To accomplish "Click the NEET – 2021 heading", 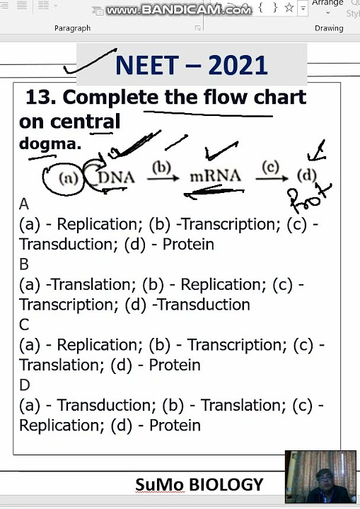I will click(x=191, y=65).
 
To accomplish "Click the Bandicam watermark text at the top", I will click(x=178, y=9).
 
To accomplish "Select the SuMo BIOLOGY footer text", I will click(x=199, y=485).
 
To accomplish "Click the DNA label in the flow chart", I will click(x=117, y=177).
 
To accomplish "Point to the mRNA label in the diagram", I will click(x=215, y=176).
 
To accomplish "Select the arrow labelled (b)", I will click(x=162, y=174).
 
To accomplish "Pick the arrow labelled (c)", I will click(x=271, y=174).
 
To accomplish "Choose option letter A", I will click(x=24, y=204).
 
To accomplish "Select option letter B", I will click(x=24, y=264).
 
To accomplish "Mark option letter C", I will click(x=24, y=324).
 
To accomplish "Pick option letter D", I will click(x=25, y=385).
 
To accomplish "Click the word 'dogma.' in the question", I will click(x=50, y=144).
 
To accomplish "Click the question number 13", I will click(x=40, y=98).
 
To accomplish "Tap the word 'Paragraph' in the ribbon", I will click(x=72, y=28).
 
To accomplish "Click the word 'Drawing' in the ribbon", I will click(x=329, y=28).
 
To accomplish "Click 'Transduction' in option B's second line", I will click(x=204, y=305).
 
